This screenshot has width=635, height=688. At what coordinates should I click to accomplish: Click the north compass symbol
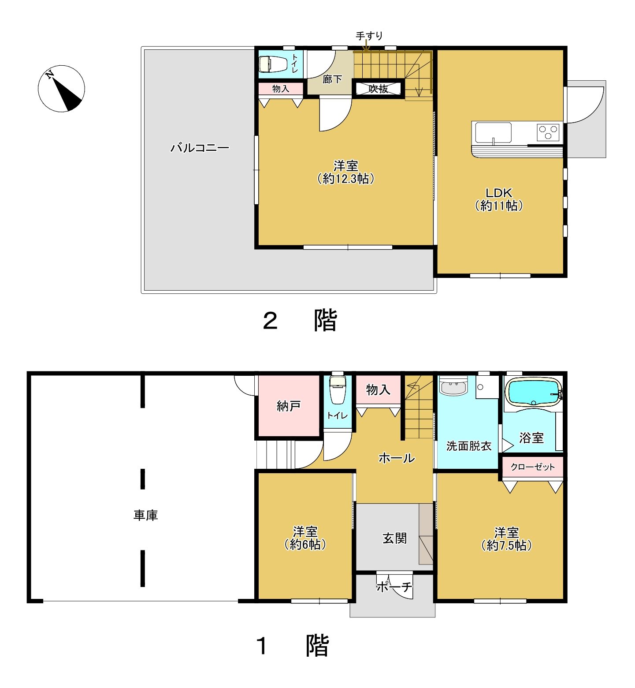coord(61,89)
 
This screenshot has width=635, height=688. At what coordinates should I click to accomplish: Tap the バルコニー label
coord(200,147)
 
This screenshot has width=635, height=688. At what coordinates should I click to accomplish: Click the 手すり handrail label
coord(369,36)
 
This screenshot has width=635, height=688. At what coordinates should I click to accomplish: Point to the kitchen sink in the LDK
coord(493,133)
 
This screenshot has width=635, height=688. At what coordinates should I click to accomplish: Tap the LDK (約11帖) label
coord(499,199)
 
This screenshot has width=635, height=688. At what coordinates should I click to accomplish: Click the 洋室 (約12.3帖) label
coord(346,172)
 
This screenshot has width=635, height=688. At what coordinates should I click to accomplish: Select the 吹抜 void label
coord(379,89)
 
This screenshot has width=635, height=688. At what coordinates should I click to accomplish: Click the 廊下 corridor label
coord(332,79)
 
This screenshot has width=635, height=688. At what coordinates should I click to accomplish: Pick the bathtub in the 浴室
coord(533,392)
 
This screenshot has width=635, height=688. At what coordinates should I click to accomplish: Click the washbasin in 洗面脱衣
coord(454,386)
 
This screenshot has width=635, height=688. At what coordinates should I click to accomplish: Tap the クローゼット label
coord(533,467)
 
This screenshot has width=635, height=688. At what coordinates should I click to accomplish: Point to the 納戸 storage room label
coord(289,406)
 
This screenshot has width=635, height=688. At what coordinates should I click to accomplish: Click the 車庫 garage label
coord(146,515)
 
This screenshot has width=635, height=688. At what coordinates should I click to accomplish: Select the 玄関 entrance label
coord(394,538)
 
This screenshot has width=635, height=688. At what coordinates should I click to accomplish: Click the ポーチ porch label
coord(394,587)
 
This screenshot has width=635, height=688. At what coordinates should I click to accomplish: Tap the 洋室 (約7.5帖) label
coord(506,539)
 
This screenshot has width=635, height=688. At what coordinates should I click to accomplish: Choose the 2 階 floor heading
coord(300,320)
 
